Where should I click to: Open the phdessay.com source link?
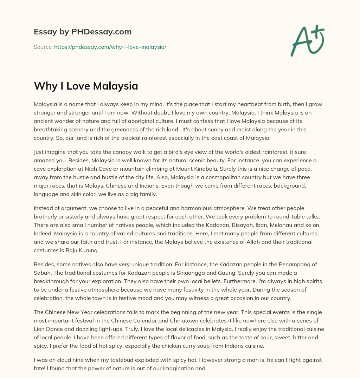click(110, 47)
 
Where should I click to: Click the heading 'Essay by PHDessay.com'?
click(83, 32)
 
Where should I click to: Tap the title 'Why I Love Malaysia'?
click(86, 86)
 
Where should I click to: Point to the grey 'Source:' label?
click(43, 47)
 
